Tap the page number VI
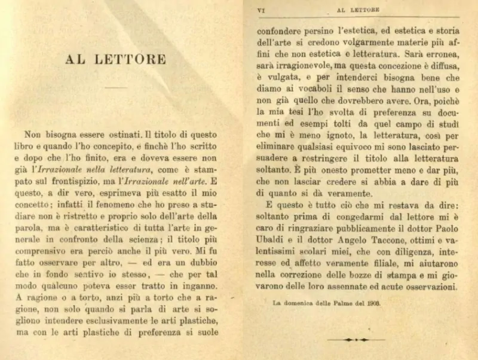coord(261,10)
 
